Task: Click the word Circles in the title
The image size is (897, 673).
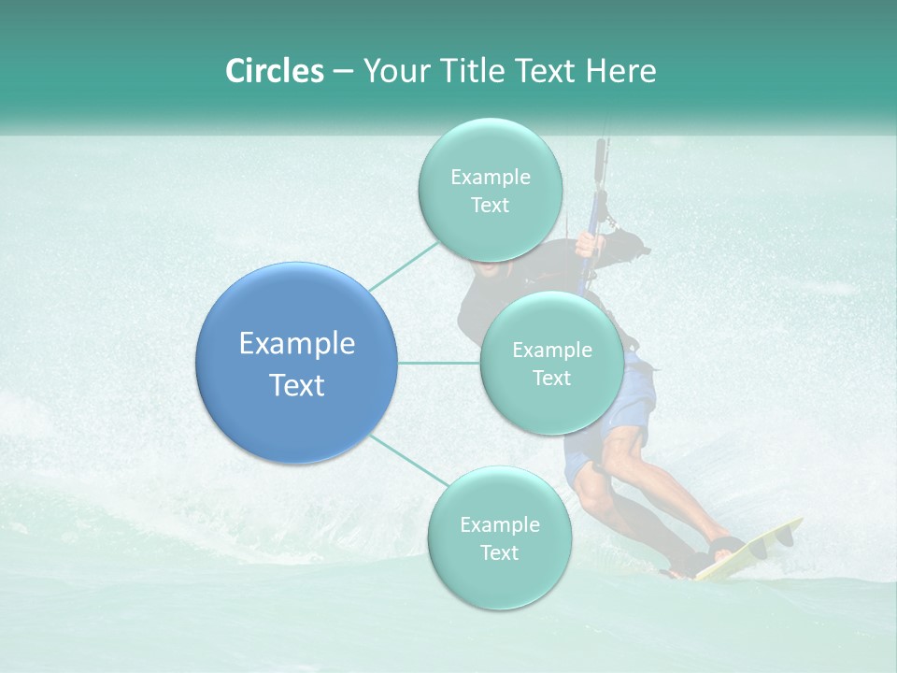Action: click(274, 71)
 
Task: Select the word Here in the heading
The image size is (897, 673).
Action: click(621, 71)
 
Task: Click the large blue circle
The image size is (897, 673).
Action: click(296, 363)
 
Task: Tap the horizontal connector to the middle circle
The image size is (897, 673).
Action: click(438, 363)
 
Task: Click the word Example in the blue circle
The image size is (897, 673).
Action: click(296, 344)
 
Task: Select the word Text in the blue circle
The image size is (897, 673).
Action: click(296, 385)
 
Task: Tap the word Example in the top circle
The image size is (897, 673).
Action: click(490, 178)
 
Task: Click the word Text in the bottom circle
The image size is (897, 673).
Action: click(499, 552)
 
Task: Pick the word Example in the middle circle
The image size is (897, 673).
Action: click(551, 351)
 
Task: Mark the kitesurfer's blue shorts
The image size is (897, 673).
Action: click(626, 411)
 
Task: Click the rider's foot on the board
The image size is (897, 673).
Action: click(724, 547)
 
